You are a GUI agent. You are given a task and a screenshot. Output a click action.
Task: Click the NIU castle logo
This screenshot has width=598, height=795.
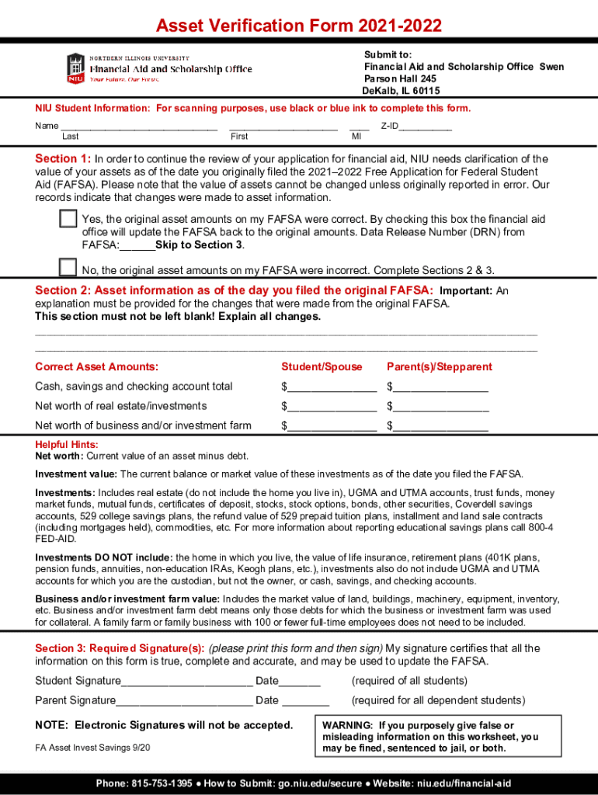(75, 68)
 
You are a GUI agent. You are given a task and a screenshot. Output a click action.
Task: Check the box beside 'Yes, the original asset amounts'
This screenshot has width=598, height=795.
(68, 219)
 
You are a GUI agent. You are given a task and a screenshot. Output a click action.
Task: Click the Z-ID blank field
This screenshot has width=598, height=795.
(426, 127)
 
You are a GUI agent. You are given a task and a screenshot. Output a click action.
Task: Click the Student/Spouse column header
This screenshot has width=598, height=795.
(321, 366)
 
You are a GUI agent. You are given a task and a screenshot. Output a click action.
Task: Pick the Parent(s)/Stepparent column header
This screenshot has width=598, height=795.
(440, 366)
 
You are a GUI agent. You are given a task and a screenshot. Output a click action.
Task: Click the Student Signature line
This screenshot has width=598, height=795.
(187, 682)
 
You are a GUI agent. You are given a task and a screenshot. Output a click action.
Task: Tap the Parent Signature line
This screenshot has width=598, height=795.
(184, 701)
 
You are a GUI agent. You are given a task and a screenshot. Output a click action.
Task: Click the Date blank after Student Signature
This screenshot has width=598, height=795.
(300, 682)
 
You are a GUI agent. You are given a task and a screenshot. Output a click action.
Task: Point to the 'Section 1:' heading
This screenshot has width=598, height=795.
(63, 159)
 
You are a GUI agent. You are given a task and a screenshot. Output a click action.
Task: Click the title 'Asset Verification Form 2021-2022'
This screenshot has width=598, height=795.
(299, 26)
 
